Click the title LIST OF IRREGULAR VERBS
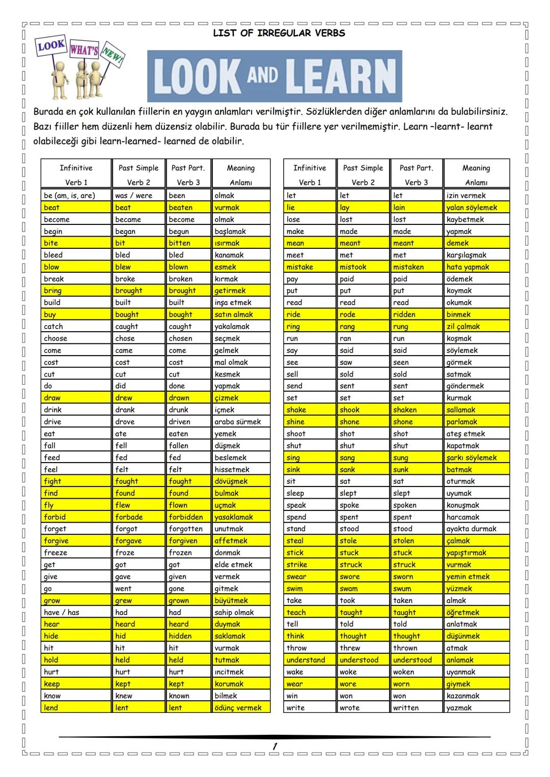pyautogui.click(x=279, y=33)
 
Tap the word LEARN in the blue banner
pyautogui.click(x=341, y=76)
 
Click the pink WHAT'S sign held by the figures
pyautogui.click(x=84, y=50)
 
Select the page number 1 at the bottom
pyautogui.click(x=274, y=746)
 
